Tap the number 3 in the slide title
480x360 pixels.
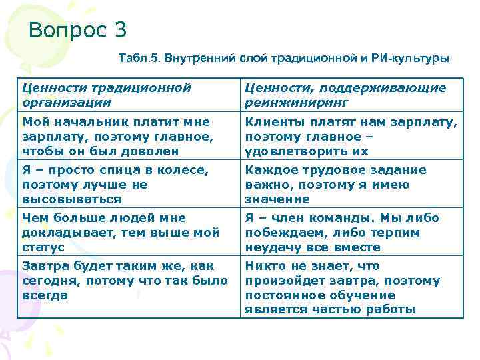click(x=120, y=31)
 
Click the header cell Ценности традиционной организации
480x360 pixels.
click(x=107, y=95)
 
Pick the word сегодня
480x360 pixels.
click(x=51, y=281)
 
